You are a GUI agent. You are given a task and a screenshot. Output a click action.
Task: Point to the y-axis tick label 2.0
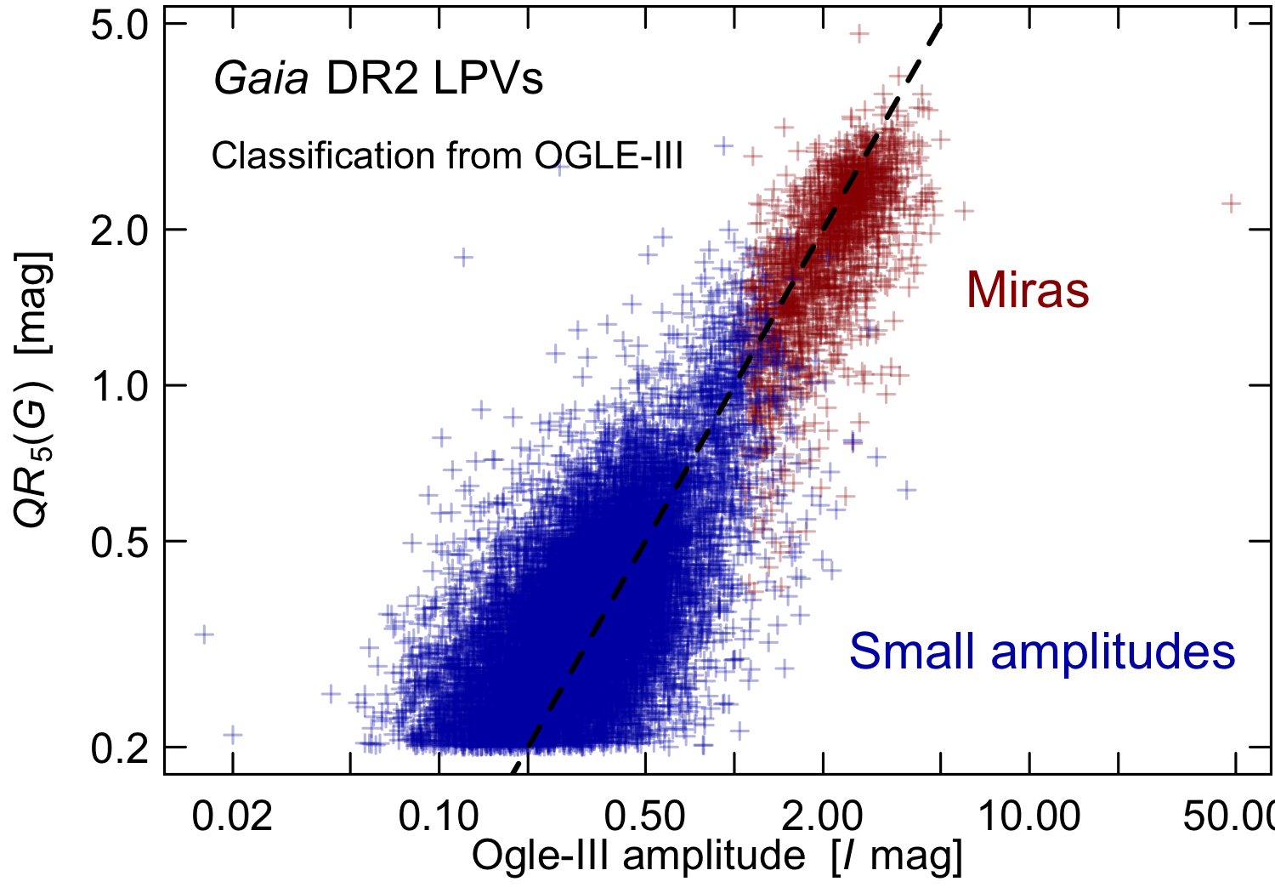pyautogui.click(x=121, y=230)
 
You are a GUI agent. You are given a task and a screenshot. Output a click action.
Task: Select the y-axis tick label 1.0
pyautogui.click(x=121, y=385)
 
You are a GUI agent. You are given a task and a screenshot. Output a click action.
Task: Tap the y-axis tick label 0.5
pyautogui.click(x=121, y=541)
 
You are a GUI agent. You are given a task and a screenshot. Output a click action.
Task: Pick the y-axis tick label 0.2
pyautogui.click(x=121, y=748)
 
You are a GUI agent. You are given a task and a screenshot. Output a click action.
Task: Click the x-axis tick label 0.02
pyautogui.click(x=232, y=816)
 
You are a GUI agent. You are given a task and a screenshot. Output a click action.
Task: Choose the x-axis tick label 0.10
pyautogui.click(x=439, y=816)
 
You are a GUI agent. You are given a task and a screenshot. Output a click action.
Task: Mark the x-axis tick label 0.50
pyautogui.click(x=645, y=816)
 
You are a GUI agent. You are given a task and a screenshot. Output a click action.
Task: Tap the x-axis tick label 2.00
pyautogui.click(x=823, y=816)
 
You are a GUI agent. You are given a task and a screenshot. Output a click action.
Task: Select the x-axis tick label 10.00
pyautogui.click(x=1029, y=816)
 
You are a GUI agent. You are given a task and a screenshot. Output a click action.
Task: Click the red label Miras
pyautogui.click(x=1028, y=290)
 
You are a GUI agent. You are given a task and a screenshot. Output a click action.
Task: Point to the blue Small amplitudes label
pyautogui.click(x=1042, y=651)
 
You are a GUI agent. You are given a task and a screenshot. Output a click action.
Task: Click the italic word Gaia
pyautogui.click(x=261, y=80)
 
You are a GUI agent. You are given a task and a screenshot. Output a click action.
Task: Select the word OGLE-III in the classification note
pyautogui.click(x=609, y=156)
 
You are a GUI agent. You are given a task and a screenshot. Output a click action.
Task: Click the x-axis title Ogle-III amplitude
pyautogui.click(x=637, y=856)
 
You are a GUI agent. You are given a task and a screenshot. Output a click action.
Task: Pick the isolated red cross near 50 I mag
pyautogui.click(x=1232, y=203)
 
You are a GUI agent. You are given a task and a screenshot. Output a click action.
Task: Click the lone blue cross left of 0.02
pyautogui.click(x=204, y=634)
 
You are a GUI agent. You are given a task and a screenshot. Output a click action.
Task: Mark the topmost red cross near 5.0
pyautogui.click(x=860, y=33)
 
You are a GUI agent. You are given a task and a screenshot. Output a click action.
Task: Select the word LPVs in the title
pyautogui.click(x=488, y=80)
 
